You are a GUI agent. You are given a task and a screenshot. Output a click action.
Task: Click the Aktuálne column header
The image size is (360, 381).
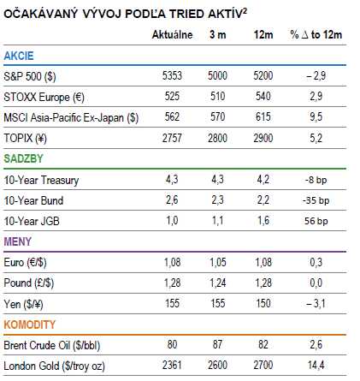[x=172, y=35]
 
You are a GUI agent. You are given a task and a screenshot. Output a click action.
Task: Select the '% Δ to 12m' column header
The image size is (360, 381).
[x=316, y=35]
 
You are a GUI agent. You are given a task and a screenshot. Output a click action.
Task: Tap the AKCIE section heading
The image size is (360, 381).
[x=19, y=56]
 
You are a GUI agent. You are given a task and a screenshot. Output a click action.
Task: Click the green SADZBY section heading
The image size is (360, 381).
[x=23, y=158]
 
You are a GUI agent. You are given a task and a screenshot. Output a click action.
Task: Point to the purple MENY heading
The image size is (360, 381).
[x=17, y=241]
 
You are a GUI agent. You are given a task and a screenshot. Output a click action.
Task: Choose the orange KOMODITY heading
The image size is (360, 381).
[x=30, y=324]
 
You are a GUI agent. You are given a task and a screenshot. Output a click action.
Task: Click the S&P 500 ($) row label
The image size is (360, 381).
[x=30, y=76]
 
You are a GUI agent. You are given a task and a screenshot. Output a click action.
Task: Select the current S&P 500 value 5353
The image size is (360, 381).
[x=172, y=76]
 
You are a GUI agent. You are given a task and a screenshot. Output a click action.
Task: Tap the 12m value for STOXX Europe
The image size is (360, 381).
[x=263, y=97]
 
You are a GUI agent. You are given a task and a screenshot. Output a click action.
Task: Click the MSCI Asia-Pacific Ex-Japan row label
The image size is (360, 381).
[x=71, y=117]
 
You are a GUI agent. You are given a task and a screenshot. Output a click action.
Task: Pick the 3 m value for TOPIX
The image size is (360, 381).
[x=217, y=138]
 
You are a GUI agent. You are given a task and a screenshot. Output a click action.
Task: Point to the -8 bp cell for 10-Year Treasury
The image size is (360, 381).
[x=316, y=180]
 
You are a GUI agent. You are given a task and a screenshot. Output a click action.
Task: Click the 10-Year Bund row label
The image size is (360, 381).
[x=33, y=200]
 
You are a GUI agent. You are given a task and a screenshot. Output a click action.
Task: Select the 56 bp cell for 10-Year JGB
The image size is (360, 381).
[x=316, y=221]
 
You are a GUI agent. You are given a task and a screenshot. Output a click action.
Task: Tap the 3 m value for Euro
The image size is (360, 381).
[x=218, y=263]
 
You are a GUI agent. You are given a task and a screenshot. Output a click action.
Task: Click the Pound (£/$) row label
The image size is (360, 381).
[x=29, y=283]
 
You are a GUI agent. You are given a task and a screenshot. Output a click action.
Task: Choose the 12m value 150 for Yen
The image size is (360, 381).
[x=263, y=303]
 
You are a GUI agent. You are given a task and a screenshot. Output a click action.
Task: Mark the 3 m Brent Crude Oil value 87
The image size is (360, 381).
[x=217, y=345]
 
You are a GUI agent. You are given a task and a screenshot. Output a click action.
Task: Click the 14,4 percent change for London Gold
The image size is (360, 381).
[x=316, y=366]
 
